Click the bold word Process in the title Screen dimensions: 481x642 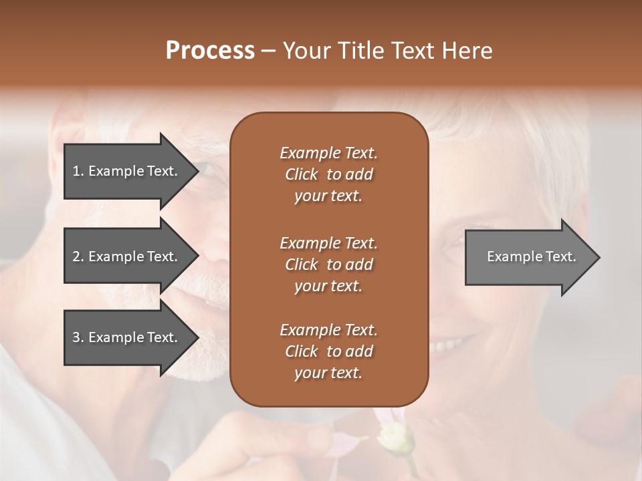pyautogui.click(x=210, y=51)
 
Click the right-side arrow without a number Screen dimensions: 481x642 pyautogui.click(x=528, y=257)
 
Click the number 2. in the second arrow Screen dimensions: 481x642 pyautogui.click(x=78, y=257)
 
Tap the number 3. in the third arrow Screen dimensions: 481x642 pyautogui.click(x=78, y=337)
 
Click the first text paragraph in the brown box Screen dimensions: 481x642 pyautogui.click(x=328, y=174)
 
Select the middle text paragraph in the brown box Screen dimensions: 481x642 pyautogui.click(x=328, y=265)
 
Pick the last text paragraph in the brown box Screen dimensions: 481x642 pyautogui.click(x=328, y=351)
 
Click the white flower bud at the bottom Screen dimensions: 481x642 pyautogui.click(x=390, y=438)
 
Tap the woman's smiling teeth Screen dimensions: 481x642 pyautogui.click(x=445, y=346)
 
